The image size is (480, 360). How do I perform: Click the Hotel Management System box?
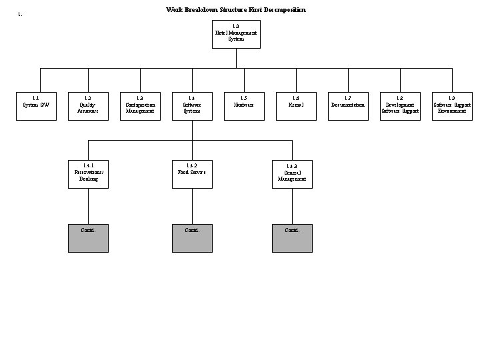236,35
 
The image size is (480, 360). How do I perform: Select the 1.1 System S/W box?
36,106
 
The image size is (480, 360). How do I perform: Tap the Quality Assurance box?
88,106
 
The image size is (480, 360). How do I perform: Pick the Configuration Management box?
140,106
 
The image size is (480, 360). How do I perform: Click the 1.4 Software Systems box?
192,106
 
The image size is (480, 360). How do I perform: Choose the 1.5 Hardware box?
244,106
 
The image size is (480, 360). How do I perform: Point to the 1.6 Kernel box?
296,106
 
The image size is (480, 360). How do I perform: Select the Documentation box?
348,106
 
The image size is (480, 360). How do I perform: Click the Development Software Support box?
400,106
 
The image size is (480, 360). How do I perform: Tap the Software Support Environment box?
452,106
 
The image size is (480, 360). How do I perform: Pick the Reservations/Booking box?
88,174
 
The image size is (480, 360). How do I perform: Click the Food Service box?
192,174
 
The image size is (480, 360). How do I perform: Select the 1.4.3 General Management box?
292,174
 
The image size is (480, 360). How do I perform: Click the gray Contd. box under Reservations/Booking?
88,238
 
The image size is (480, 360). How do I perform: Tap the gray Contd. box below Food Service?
192,238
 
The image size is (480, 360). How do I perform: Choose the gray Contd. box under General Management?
292,238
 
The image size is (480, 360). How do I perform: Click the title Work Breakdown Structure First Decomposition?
236,10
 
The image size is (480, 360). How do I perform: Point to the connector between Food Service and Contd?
192,206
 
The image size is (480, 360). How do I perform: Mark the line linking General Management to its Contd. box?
292,206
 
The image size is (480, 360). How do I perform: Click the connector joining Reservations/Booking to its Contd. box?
88,206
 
